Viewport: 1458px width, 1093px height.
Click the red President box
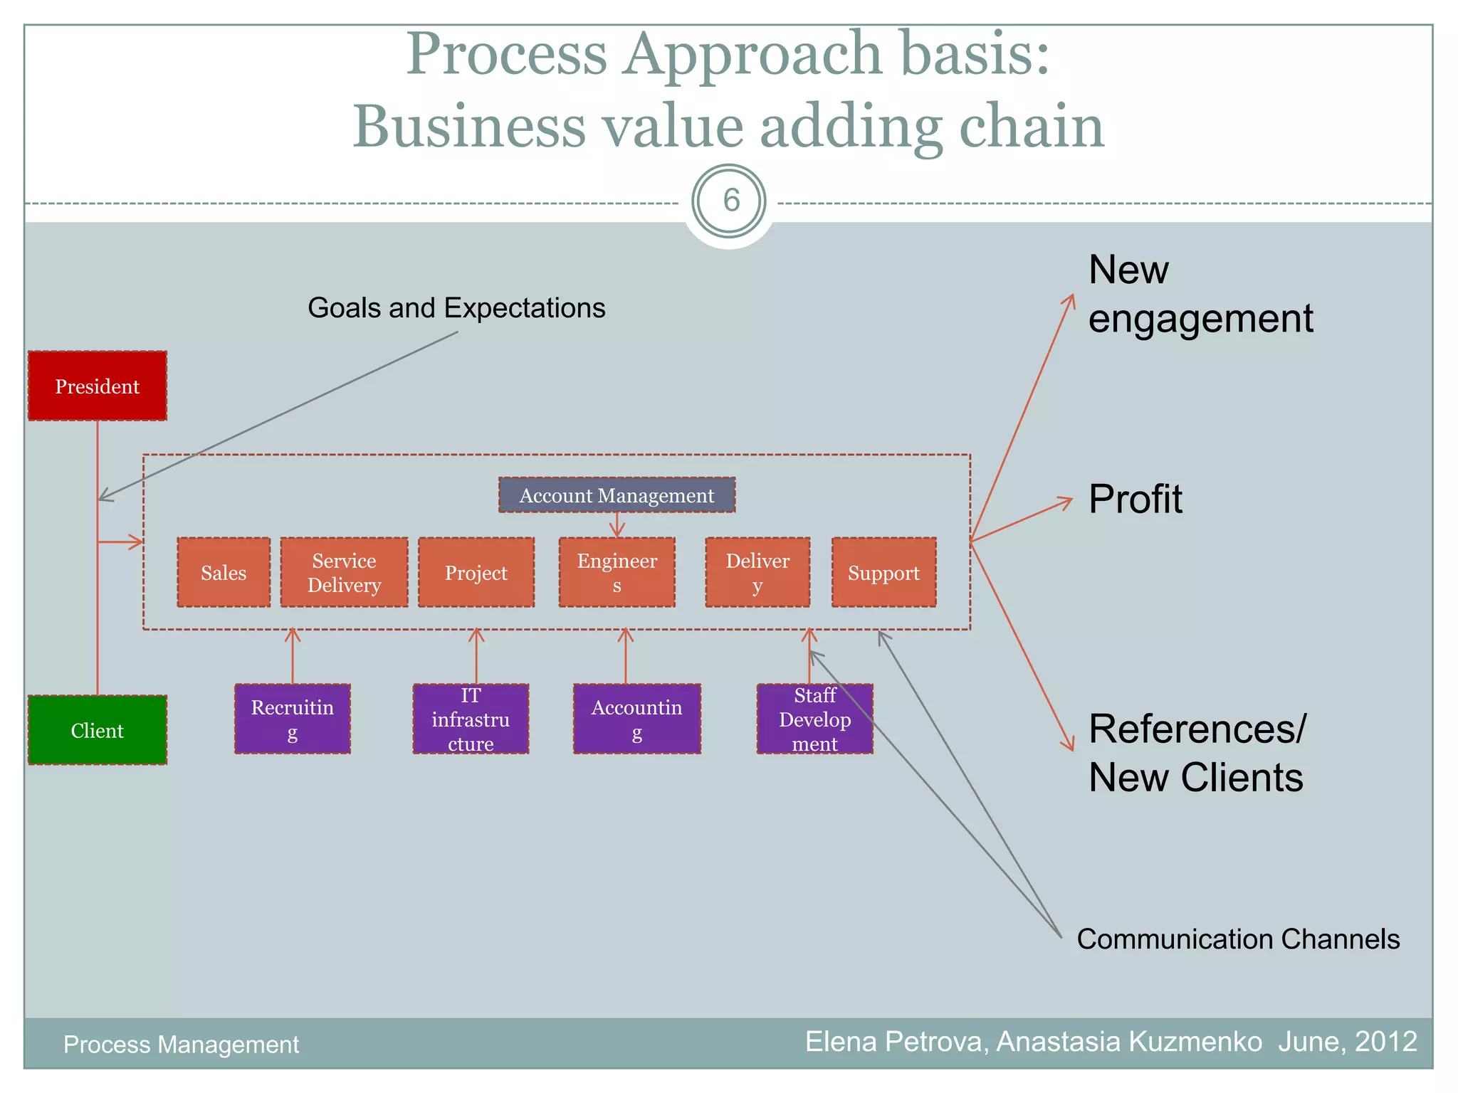point(98,386)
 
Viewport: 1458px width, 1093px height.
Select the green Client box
point(98,730)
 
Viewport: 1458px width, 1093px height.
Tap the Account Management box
point(617,495)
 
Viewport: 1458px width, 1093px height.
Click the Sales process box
point(224,573)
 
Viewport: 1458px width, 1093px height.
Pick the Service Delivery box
point(344,573)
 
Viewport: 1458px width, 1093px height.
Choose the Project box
point(476,573)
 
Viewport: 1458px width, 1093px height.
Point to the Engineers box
point(617,573)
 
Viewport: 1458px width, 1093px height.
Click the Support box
point(883,573)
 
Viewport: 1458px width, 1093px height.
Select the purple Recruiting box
point(292,719)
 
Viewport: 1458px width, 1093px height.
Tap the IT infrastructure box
point(471,719)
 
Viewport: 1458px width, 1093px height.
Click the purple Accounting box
point(636,719)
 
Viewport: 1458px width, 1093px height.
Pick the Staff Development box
point(814,719)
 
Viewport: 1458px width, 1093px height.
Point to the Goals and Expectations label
point(456,308)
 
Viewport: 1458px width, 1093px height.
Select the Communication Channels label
point(1237,939)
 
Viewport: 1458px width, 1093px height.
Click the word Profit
point(1135,499)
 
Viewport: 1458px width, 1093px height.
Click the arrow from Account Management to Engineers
point(617,525)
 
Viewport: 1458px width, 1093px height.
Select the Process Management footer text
point(181,1045)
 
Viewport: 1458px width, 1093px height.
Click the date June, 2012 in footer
point(1347,1042)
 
